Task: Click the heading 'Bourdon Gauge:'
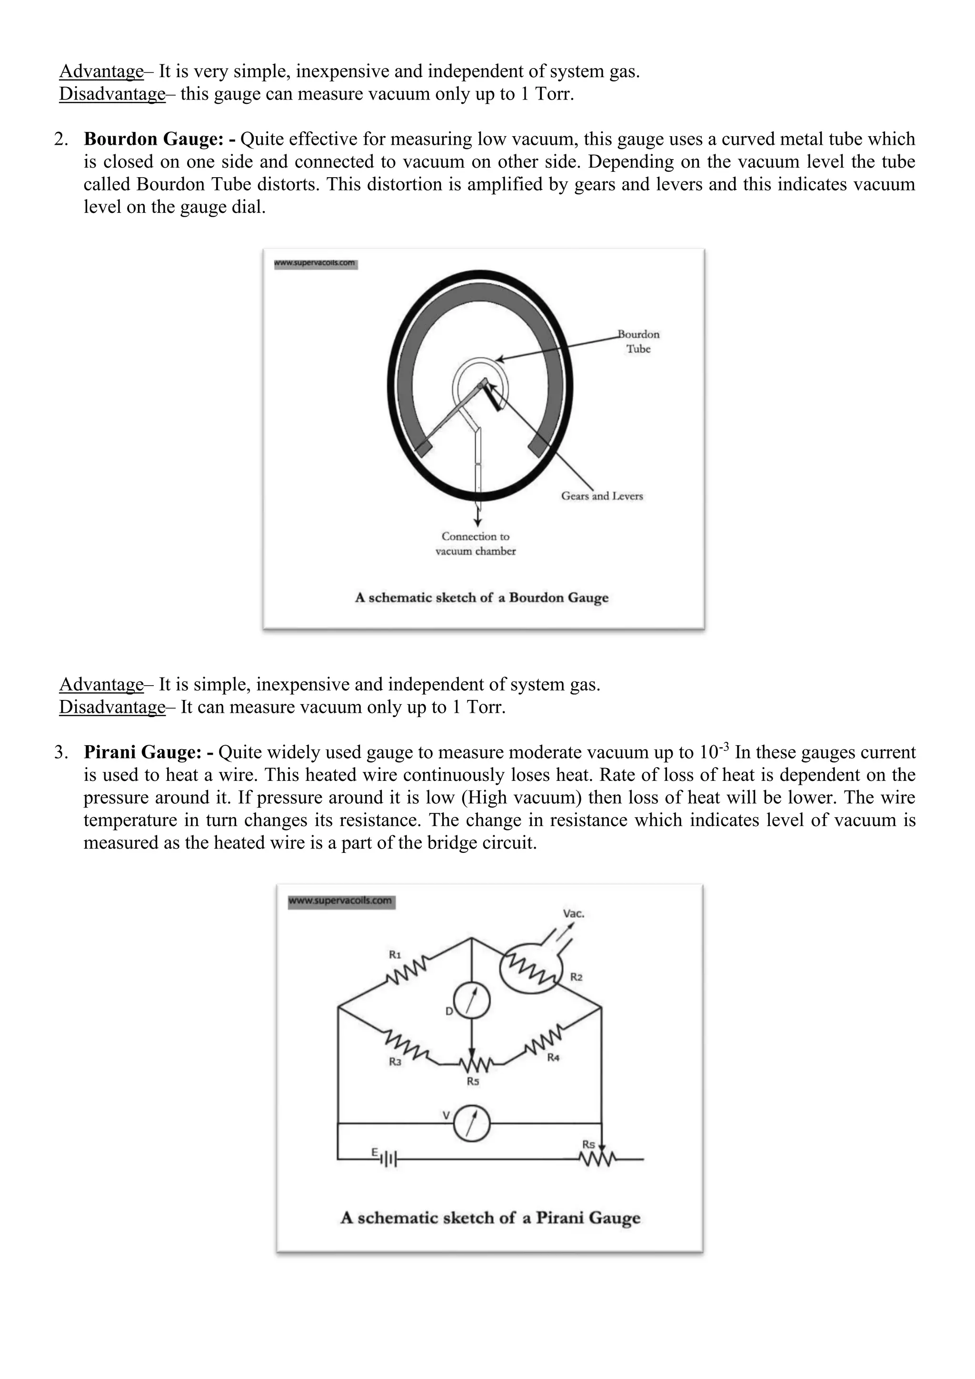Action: point(154,140)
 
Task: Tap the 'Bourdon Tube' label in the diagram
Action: point(638,342)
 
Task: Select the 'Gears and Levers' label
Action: point(602,496)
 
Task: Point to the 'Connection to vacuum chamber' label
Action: point(476,543)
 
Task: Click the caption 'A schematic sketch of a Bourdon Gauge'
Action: point(481,598)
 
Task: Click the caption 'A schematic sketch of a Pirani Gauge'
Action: point(490,1218)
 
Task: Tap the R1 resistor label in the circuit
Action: point(395,954)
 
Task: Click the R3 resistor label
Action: point(395,1062)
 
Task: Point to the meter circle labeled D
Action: point(471,1002)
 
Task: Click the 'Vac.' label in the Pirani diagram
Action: point(573,913)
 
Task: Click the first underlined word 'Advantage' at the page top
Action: point(101,72)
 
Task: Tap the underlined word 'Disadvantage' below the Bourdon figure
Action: point(112,708)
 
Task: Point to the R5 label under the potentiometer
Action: point(473,1081)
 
